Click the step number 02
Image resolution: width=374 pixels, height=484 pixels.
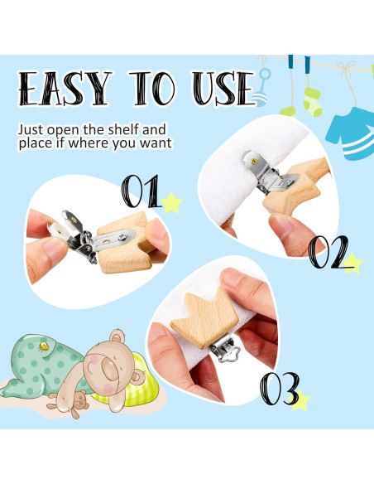(328, 252)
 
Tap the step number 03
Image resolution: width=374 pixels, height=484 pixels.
(279, 387)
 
